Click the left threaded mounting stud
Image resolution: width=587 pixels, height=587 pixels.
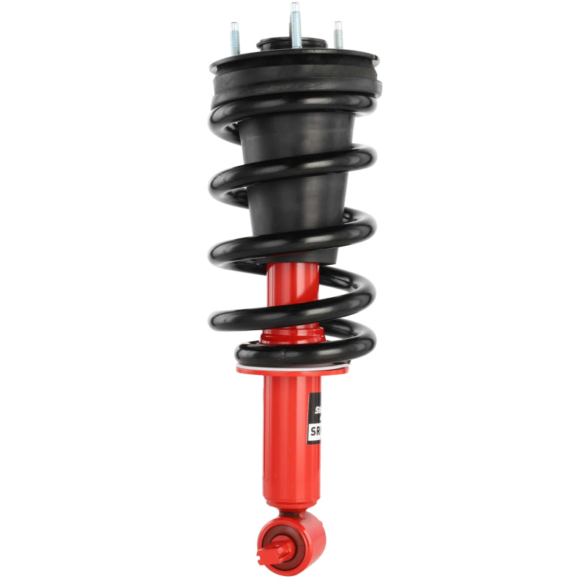(x=235, y=38)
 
